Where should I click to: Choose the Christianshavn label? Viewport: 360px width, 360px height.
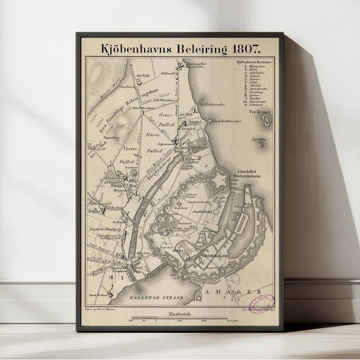point(214,257)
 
